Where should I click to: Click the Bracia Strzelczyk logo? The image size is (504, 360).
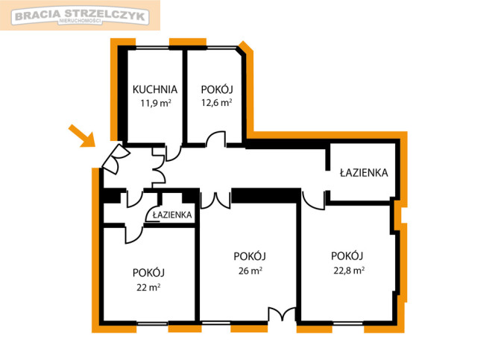click(80, 16)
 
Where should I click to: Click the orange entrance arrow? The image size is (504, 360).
click(82, 136)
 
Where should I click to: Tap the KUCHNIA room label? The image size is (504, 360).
click(155, 89)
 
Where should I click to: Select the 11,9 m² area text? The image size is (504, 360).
click(156, 103)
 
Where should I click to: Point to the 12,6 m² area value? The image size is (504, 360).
click(217, 103)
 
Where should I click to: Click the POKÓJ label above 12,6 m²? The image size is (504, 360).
click(217, 89)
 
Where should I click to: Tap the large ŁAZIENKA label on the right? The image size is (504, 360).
click(364, 173)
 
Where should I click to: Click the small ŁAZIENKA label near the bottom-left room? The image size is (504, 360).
click(172, 215)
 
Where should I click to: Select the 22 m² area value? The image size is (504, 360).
click(148, 287)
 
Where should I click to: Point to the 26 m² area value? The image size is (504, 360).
click(250, 271)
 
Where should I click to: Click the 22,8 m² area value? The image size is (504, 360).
click(349, 271)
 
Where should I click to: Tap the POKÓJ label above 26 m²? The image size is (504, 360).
click(250, 256)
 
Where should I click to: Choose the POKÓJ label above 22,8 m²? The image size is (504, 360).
click(347, 256)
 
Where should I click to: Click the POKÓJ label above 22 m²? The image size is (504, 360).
click(148, 273)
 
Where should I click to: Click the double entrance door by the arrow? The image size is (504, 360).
click(115, 158)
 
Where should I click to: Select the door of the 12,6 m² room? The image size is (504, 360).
click(215, 139)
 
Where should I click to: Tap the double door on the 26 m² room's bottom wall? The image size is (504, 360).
click(282, 315)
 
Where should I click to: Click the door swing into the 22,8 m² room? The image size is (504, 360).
click(313, 200)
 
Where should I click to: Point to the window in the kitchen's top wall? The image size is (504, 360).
click(152, 48)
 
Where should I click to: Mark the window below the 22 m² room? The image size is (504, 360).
click(152, 323)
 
